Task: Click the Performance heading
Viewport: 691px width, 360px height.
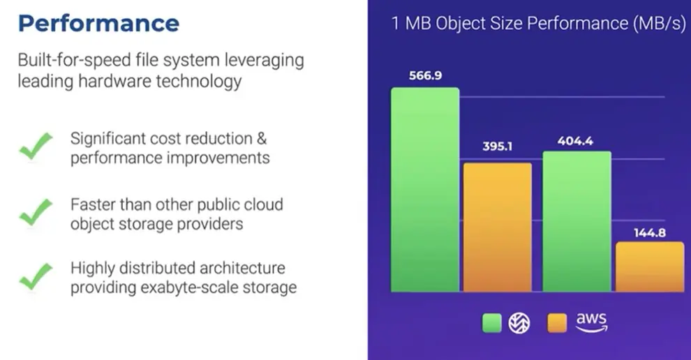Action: click(98, 23)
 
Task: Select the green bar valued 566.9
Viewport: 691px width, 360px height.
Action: click(425, 190)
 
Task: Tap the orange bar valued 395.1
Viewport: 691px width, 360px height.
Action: click(498, 227)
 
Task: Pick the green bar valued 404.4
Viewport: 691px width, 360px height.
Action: click(577, 221)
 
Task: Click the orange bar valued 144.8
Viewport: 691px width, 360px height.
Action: click(650, 267)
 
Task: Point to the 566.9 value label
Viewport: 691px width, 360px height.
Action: click(425, 76)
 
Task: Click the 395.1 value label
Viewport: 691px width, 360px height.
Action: click(498, 147)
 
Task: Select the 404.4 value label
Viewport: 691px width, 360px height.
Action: click(575, 141)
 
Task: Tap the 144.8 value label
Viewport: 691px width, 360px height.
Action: click(650, 232)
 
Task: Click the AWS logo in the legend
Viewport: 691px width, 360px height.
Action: click(591, 322)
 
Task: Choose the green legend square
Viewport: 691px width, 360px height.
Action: click(492, 323)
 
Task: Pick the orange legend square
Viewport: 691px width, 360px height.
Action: click(557, 323)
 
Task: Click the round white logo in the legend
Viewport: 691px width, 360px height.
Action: click(519, 323)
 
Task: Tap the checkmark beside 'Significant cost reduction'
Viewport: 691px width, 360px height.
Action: click(36, 146)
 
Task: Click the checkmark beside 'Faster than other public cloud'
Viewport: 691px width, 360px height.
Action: click(36, 212)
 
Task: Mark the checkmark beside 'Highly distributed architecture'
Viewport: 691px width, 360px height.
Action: click(36, 277)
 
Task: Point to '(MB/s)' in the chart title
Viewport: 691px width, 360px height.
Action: click(660, 23)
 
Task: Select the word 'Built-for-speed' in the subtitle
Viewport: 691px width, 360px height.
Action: click(75, 60)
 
